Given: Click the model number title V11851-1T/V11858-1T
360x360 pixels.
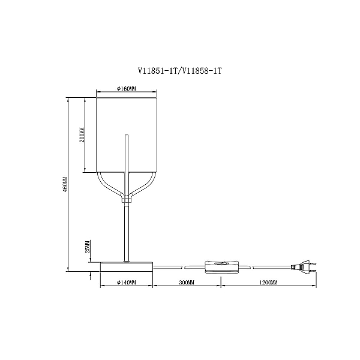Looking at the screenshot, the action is pyautogui.click(x=180, y=71).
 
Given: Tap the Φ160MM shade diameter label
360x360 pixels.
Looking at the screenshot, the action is pyautogui.click(x=126, y=89).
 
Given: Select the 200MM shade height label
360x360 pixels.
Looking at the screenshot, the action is pyautogui.click(x=82, y=135).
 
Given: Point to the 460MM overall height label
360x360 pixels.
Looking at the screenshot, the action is pyautogui.click(x=65, y=184).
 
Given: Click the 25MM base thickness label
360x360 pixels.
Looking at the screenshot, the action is pyautogui.click(x=88, y=247).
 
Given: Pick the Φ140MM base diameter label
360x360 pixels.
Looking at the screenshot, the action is pyautogui.click(x=126, y=282).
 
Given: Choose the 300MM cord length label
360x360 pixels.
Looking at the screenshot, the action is pyautogui.click(x=187, y=282).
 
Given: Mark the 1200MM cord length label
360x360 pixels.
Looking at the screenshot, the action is pyautogui.click(x=268, y=282).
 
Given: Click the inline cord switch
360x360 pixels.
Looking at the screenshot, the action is pyautogui.click(x=221, y=267).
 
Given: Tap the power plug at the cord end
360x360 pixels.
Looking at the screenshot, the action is pyautogui.click(x=304, y=267).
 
